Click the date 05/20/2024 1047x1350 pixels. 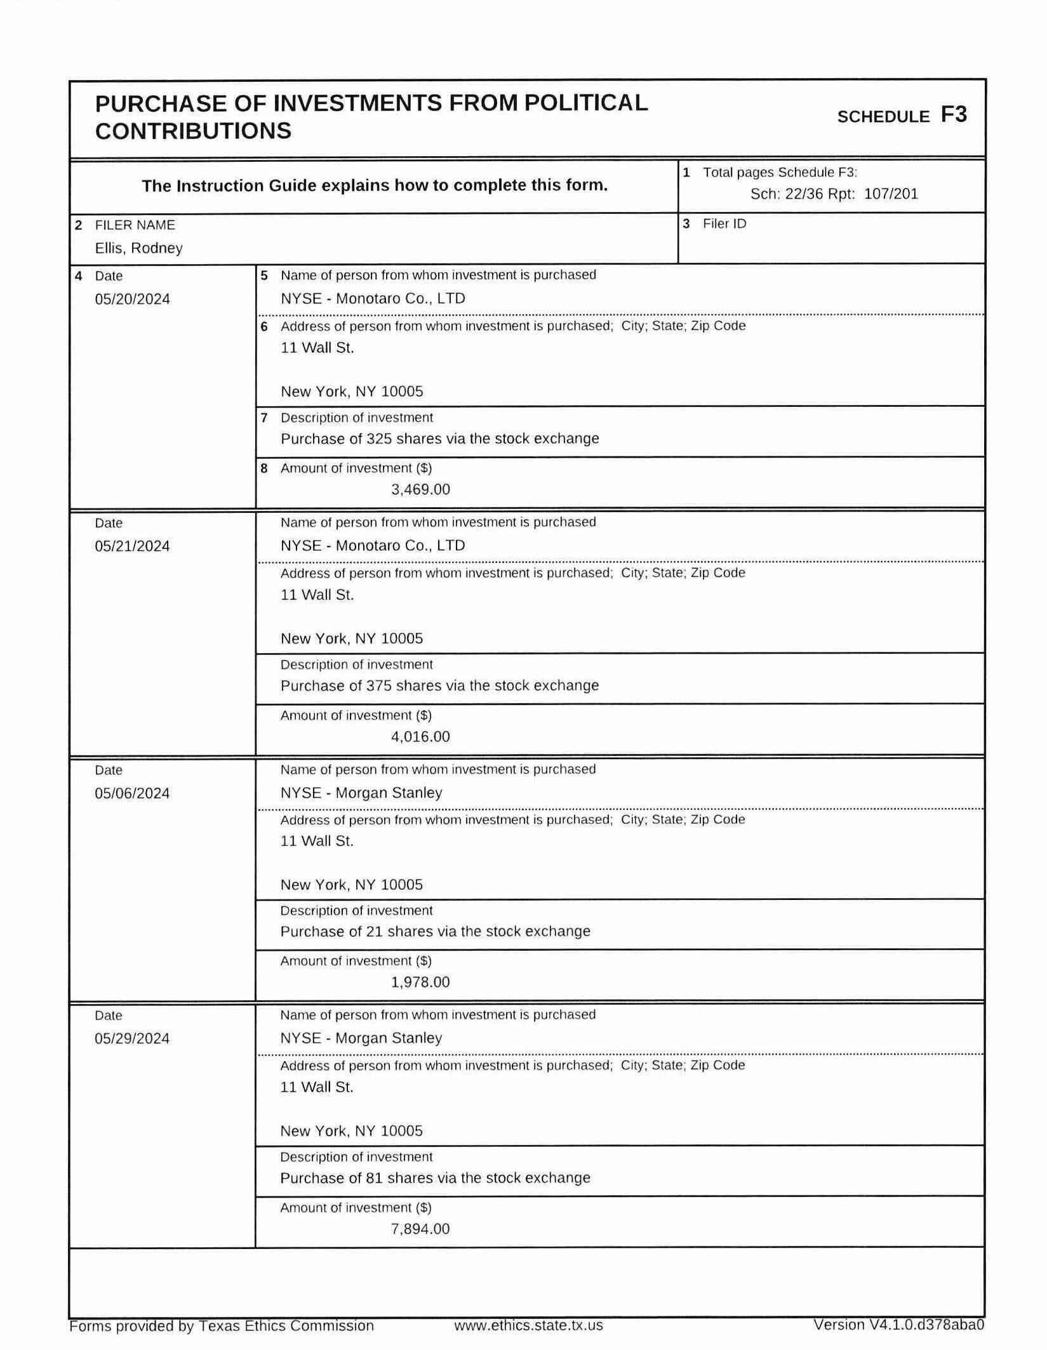(x=132, y=299)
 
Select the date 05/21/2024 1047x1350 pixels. (x=132, y=546)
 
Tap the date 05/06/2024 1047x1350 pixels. (x=132, y=793)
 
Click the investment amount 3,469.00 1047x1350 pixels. (x=420, y=489)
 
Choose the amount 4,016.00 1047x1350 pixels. (x=420, y=736)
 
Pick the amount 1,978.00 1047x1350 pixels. (x=420, y=982)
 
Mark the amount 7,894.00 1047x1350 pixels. (x=420, y=1229)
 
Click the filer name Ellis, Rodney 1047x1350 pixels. (x=138, y=248)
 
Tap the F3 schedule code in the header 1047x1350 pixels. (x=953, y=115)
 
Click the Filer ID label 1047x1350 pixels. (x=724, y=224)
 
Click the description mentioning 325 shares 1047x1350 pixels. (x=439, y=439)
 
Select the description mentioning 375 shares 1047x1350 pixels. (x=439, y=685)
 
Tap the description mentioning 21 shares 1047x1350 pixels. (x=435, y=931)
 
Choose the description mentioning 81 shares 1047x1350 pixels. (x=435, y=1177)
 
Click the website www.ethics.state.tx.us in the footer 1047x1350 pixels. (x=528, y=1325)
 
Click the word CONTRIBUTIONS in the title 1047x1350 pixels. (x=193, y=131)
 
